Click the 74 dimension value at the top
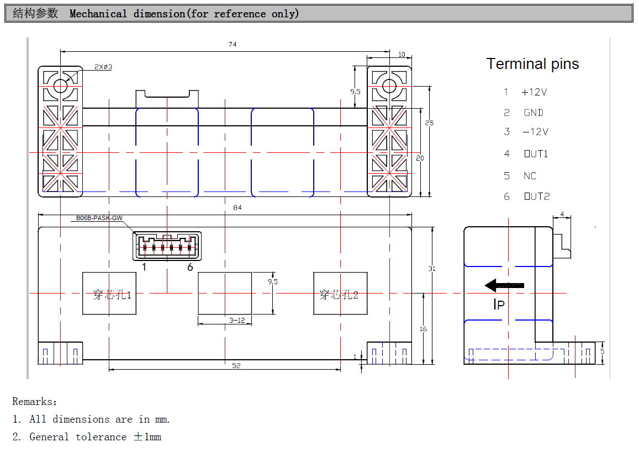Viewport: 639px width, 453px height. point(233,44)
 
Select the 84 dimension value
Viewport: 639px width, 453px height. point(237,207)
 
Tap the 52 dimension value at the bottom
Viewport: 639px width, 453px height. point(236,365)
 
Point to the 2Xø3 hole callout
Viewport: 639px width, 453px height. point(103,67)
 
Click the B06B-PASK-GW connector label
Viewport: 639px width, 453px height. point(99,218)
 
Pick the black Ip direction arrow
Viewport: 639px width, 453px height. point(504,285)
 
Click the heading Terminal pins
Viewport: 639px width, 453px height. point(532,64)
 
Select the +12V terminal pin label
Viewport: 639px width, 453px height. point(534,92)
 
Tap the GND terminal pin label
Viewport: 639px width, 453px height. point(534,113)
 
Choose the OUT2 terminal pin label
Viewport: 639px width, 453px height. point(537,196)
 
